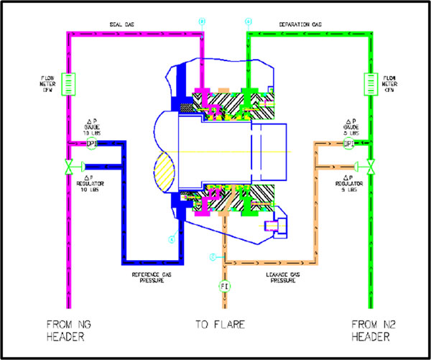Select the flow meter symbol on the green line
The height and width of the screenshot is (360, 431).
tap(370, 82)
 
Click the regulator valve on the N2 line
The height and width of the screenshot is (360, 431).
tap(370, 168)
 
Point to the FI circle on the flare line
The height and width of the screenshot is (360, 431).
tap(224, 286)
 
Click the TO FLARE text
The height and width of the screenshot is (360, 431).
tap(220, 324)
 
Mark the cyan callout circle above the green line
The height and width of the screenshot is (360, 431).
tap(249, 22)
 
